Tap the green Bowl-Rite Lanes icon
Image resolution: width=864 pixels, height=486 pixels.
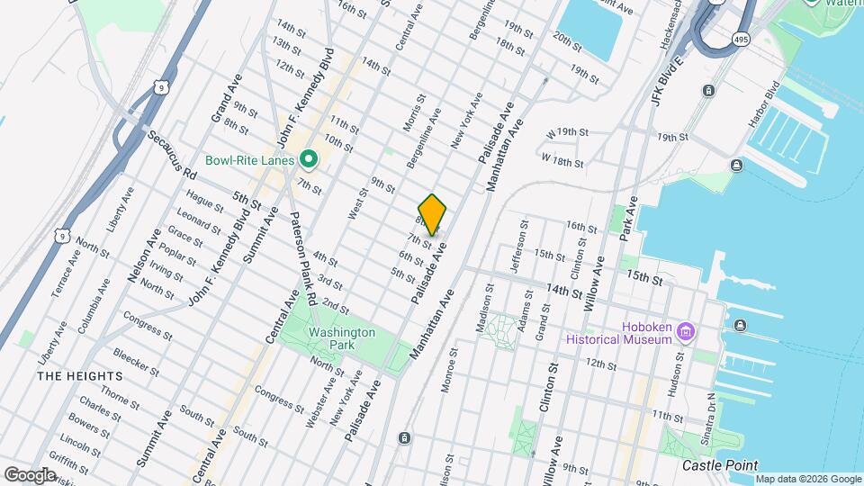pos(309,161)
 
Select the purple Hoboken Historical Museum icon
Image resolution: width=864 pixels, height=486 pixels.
pos(685,333)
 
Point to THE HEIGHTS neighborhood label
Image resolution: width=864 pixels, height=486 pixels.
pos(79,375)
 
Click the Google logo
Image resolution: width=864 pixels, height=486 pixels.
pos(30,474)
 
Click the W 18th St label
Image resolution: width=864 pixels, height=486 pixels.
pos(562,161)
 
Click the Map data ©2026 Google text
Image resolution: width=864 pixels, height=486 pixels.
pos(806,478)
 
